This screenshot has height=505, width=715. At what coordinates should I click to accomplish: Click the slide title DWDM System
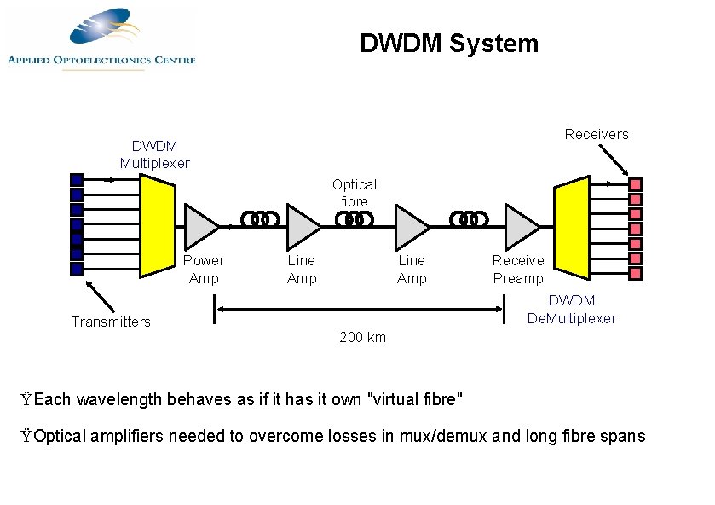point(449,44)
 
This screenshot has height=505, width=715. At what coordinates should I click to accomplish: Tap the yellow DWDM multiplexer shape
point(158,226)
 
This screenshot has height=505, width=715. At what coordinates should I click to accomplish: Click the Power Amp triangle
point(200,225)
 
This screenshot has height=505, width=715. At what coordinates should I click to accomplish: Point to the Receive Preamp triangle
point(521,225)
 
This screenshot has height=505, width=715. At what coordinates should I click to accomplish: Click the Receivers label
point(597,134)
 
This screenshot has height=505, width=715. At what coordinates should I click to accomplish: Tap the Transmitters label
point(111,322)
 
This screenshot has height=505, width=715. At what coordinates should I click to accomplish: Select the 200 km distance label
point(362,337)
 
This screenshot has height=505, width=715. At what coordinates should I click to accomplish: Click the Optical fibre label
point(355,193)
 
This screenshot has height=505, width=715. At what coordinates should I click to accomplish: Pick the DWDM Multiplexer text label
point(155,154)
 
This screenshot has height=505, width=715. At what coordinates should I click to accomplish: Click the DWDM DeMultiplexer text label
point(572,310)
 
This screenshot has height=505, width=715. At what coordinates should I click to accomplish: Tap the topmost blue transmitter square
point(77,179)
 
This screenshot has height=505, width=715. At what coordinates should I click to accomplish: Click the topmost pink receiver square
point(635,184)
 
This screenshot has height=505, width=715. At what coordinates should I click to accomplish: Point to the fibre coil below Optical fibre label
point(355,220)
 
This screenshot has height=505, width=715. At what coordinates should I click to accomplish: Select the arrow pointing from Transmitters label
point(102,297)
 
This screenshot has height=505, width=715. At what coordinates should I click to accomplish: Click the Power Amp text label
point(204,270)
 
